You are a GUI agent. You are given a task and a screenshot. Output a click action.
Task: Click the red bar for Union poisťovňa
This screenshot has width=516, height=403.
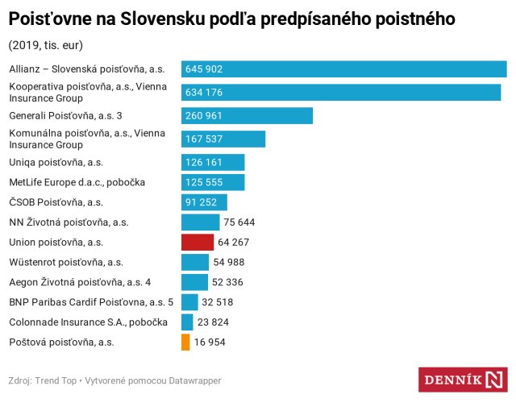click(198, 243)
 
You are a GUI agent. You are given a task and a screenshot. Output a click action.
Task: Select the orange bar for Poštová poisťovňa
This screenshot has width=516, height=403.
click(185, 343)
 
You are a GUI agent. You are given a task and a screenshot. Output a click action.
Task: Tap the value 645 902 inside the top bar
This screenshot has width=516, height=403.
click(204, 70)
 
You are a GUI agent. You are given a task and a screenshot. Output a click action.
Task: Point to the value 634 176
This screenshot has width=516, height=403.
click(204, 93)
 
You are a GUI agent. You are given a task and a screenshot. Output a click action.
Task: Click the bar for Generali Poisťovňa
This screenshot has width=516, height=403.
click(247, 116)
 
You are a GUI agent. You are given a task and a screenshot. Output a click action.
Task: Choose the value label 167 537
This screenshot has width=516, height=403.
click(204, 139)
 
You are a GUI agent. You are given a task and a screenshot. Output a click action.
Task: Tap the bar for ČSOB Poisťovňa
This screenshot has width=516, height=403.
click(204, 202)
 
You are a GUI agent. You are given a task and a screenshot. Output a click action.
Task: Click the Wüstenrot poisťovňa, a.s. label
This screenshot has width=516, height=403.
click(65, 262)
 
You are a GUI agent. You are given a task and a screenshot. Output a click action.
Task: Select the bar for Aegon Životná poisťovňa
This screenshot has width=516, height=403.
click(194, 282)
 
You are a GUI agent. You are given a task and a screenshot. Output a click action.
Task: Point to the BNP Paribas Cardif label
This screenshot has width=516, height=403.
click(90, 302)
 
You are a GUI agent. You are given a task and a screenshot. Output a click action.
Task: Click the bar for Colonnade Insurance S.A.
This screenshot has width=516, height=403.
click(187, 322)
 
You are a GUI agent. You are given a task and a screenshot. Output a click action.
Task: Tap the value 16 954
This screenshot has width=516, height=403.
click(210, 343)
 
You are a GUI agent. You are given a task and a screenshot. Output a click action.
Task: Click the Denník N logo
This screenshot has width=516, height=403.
click(462, 380)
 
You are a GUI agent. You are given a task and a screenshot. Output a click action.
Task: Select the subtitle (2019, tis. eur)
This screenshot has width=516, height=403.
click(45, 44)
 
